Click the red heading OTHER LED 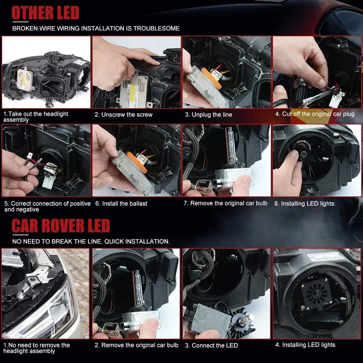point(45,13)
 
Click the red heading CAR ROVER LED point(61,226)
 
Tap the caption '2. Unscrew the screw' point(123,115)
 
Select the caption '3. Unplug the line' point(208,115)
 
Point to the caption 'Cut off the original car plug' point(318,114)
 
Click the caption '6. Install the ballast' point(121,204)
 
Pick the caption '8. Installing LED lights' point(304,204)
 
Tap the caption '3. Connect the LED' point(211,346)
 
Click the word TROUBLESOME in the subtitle point(156,28)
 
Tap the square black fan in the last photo point(316,294)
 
